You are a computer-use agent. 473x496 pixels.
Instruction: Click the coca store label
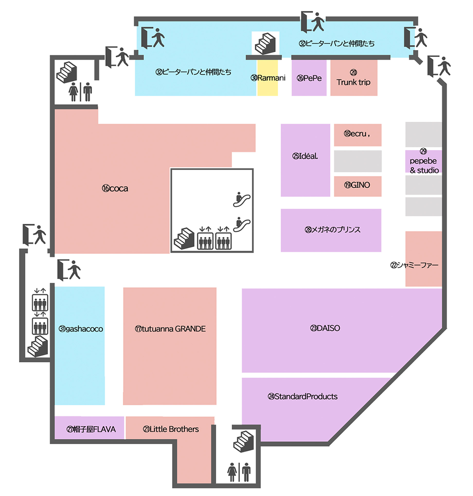point(115,189)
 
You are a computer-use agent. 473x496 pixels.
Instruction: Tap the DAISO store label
point(325,328)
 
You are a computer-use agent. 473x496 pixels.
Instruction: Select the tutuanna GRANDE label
point(170,329)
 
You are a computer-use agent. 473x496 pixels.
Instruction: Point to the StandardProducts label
point(302,397)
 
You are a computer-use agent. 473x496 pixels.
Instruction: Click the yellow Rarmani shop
point(267,78)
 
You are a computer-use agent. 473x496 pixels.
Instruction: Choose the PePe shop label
point(309,78)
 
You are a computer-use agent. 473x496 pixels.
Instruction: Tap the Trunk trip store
point(354,78)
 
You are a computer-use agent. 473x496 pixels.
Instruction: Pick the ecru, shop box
point(358,135)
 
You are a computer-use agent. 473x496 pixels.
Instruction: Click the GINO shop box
point(358,186)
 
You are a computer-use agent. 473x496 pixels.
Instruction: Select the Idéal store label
point(305,156)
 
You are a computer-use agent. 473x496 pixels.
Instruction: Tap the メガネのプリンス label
point(332,229)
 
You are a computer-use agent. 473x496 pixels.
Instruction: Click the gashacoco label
point(81,329)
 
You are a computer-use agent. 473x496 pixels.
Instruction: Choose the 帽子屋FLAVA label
point(91,429)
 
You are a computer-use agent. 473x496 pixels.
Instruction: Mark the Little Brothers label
point(171,429)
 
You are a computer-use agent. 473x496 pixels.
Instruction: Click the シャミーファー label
point(414,265)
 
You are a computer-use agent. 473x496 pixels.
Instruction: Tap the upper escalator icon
point(242,199)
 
